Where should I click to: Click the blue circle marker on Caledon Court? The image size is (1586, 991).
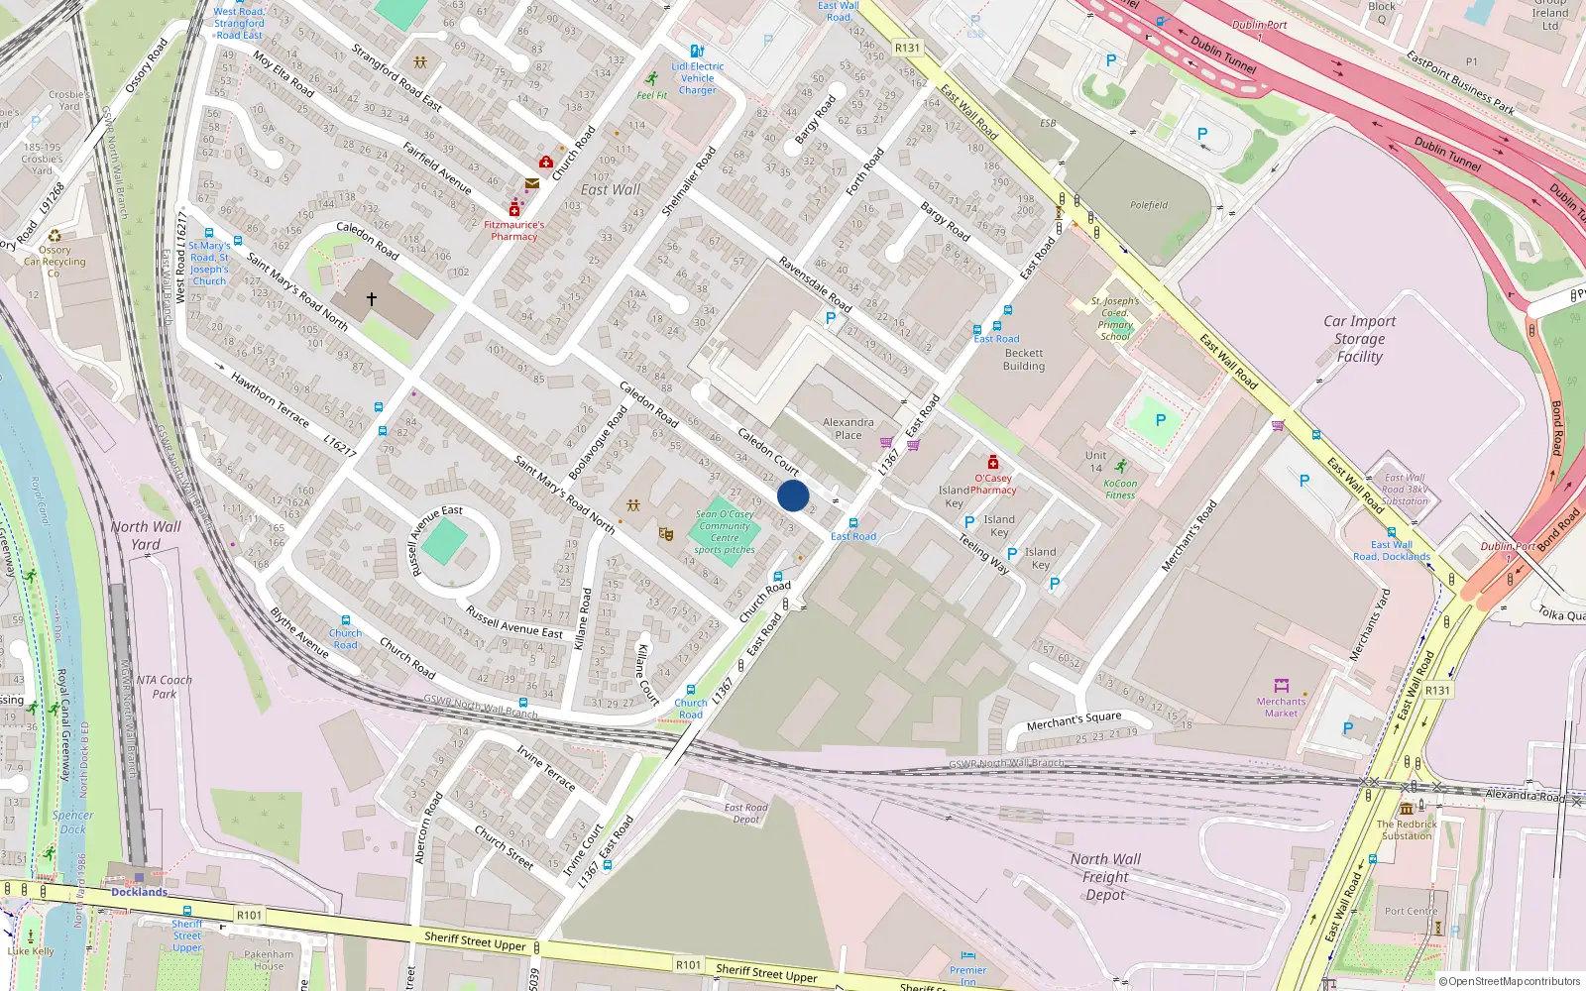pos(793,495)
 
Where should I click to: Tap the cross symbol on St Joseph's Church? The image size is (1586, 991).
pos(372,297)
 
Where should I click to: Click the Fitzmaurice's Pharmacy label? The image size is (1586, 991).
pos(513,231)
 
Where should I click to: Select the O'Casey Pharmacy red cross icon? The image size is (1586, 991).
pos(992,462)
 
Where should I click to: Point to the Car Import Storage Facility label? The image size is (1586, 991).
pos(1359,339)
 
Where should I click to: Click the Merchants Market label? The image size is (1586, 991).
pos(1281,707)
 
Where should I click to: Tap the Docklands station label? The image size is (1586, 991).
pos(139,892)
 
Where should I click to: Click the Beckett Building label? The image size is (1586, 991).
pos(1023,359)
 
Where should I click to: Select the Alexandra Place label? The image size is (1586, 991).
pos(849,428)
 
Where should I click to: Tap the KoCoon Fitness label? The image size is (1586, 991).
pos(1120,490)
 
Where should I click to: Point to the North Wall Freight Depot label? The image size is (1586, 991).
pos(1105,877)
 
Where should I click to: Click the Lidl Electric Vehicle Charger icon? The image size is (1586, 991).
pos(697,51)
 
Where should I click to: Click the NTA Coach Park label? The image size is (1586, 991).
pos(165,687)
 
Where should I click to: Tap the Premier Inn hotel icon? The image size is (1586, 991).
pos(967,956)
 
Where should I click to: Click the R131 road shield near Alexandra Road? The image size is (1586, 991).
pos(1437,690)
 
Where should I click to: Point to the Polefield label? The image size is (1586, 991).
pos(1149,205)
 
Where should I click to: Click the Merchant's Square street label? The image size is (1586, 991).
pos(1074,720)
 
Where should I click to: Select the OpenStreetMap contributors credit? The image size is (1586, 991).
pos(1510,981)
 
